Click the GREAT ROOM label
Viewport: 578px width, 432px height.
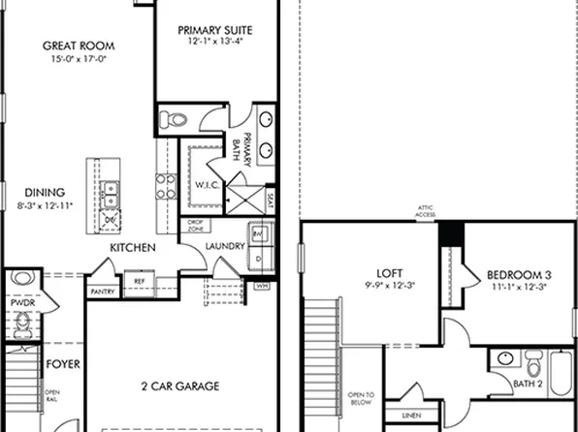(x=80, y=46)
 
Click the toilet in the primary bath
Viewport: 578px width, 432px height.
(x=174, y=119)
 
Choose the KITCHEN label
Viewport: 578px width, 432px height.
(x=132, y=249)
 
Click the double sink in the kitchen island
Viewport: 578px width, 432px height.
(x=111, y=193)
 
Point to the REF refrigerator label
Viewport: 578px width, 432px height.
(x=140, y=283)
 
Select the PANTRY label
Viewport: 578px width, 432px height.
(x=102, y=291)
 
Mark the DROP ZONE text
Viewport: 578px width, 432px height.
(x=194, y=226)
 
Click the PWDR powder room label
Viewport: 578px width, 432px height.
(x=21, y=301)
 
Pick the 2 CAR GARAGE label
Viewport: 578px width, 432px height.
(x=180, y=385)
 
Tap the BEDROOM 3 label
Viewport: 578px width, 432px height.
(x=519, y=274)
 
